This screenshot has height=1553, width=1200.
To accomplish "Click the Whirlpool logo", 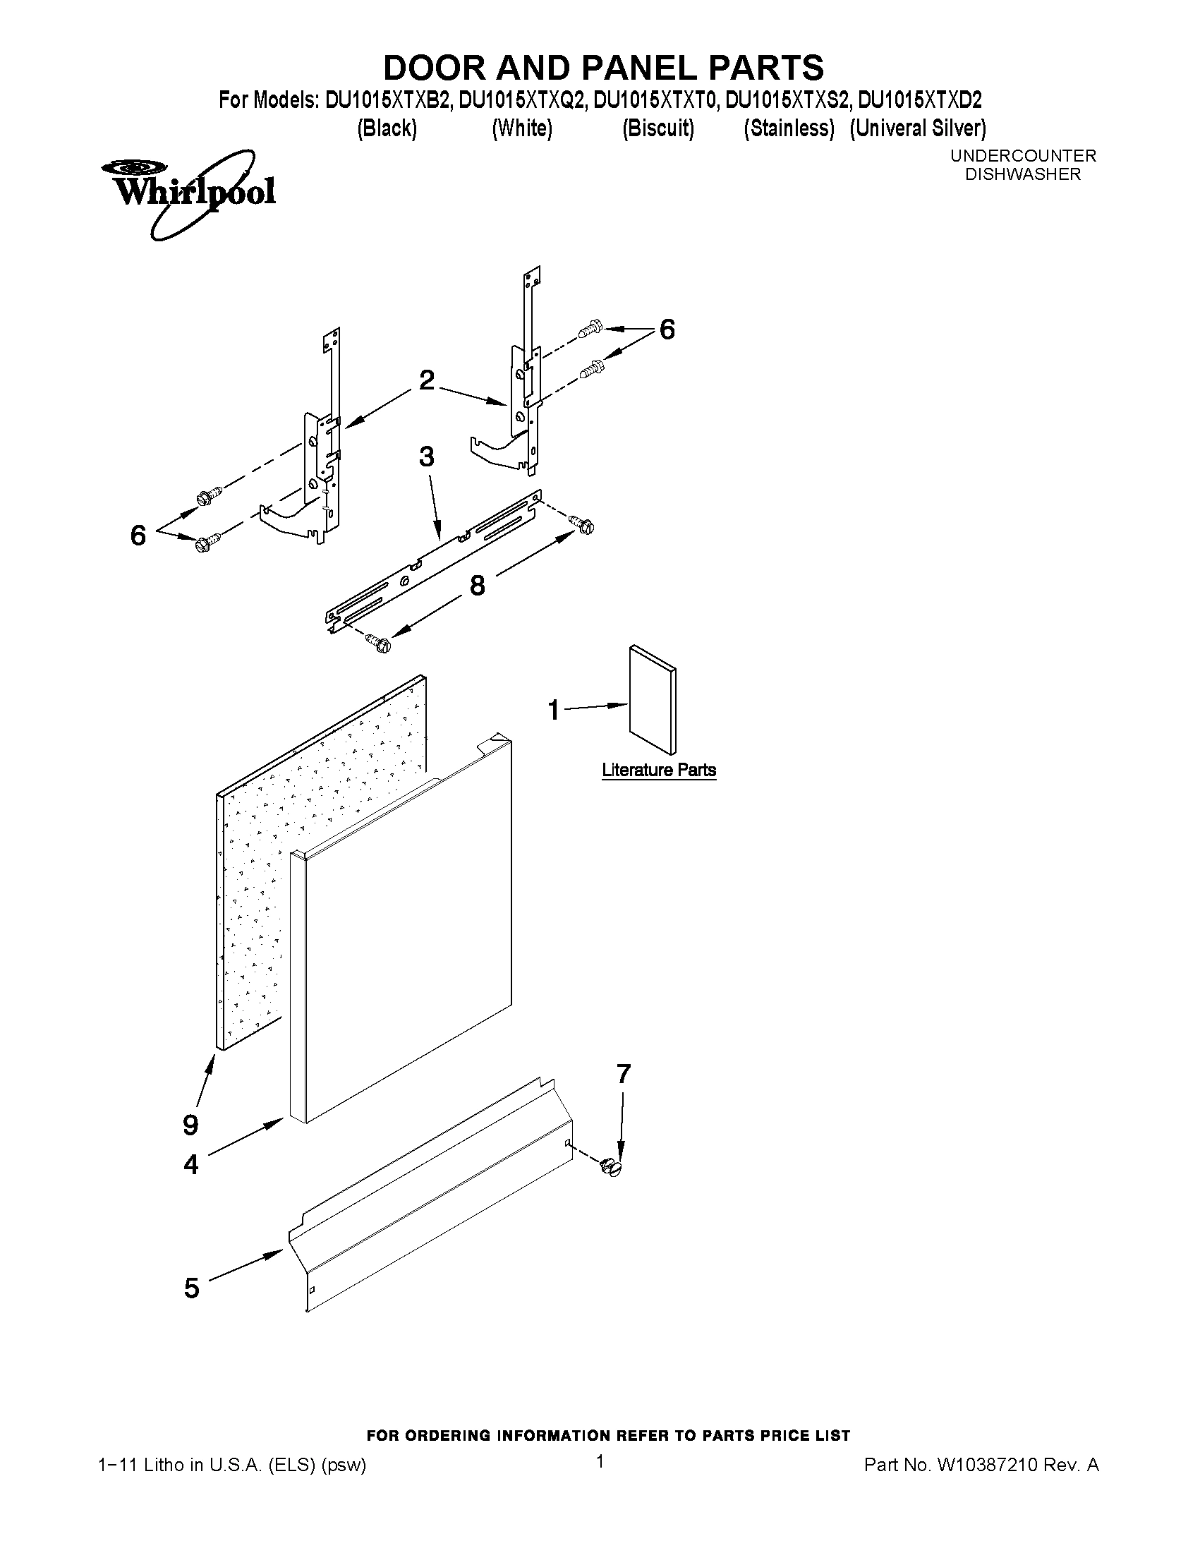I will (188, 193).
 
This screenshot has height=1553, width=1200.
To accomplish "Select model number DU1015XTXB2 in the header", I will (387, 100).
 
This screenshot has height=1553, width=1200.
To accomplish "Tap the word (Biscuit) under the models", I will (657, 128).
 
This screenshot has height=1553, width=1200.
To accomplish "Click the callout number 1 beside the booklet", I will (554, 709).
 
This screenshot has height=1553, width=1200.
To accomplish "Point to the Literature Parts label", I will (658, 770).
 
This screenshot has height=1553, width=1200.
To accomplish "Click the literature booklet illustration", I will (653, 699).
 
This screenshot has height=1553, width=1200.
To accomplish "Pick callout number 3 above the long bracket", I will (427, 457).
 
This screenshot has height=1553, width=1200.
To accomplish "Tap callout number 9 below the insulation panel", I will (190, 1125).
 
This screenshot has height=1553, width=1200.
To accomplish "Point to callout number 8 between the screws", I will (477, 585).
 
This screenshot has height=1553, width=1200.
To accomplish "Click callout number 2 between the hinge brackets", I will (427, 380).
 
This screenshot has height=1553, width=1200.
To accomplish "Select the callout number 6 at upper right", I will (667, 330).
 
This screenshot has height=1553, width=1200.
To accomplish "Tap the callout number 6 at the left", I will (138, 535).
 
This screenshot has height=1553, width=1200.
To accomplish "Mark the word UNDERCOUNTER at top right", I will (1023, 155).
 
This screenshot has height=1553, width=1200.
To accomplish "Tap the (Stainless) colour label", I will (789, 128).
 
